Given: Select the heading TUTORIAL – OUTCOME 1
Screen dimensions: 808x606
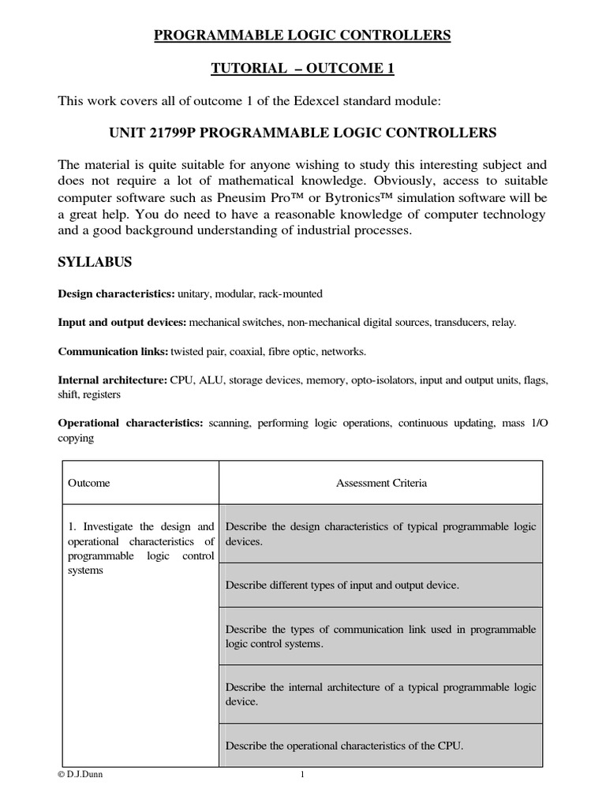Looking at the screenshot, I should [302, 69].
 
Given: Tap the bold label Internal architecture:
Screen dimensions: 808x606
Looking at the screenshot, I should [113, 380].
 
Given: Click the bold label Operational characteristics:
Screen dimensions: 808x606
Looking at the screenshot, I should [131, 424].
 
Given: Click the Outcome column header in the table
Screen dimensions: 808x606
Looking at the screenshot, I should [89, 483].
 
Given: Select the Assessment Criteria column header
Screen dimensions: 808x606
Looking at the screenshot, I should [381, 483].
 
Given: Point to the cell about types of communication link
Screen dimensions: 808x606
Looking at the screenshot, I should [380, 636].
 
